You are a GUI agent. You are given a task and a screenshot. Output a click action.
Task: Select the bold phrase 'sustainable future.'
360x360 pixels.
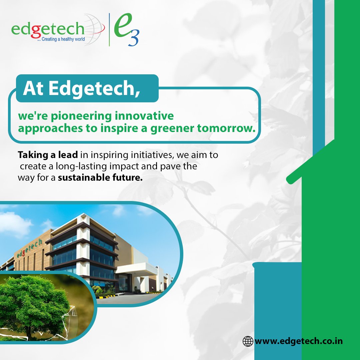coord(100,177)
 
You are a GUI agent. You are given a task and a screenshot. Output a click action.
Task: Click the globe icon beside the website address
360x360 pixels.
coord(248,341)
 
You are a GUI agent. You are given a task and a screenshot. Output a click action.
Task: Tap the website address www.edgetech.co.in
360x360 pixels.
coord(299,341)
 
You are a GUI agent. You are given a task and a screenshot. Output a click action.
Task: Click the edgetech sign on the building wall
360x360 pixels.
coord(29,249)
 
